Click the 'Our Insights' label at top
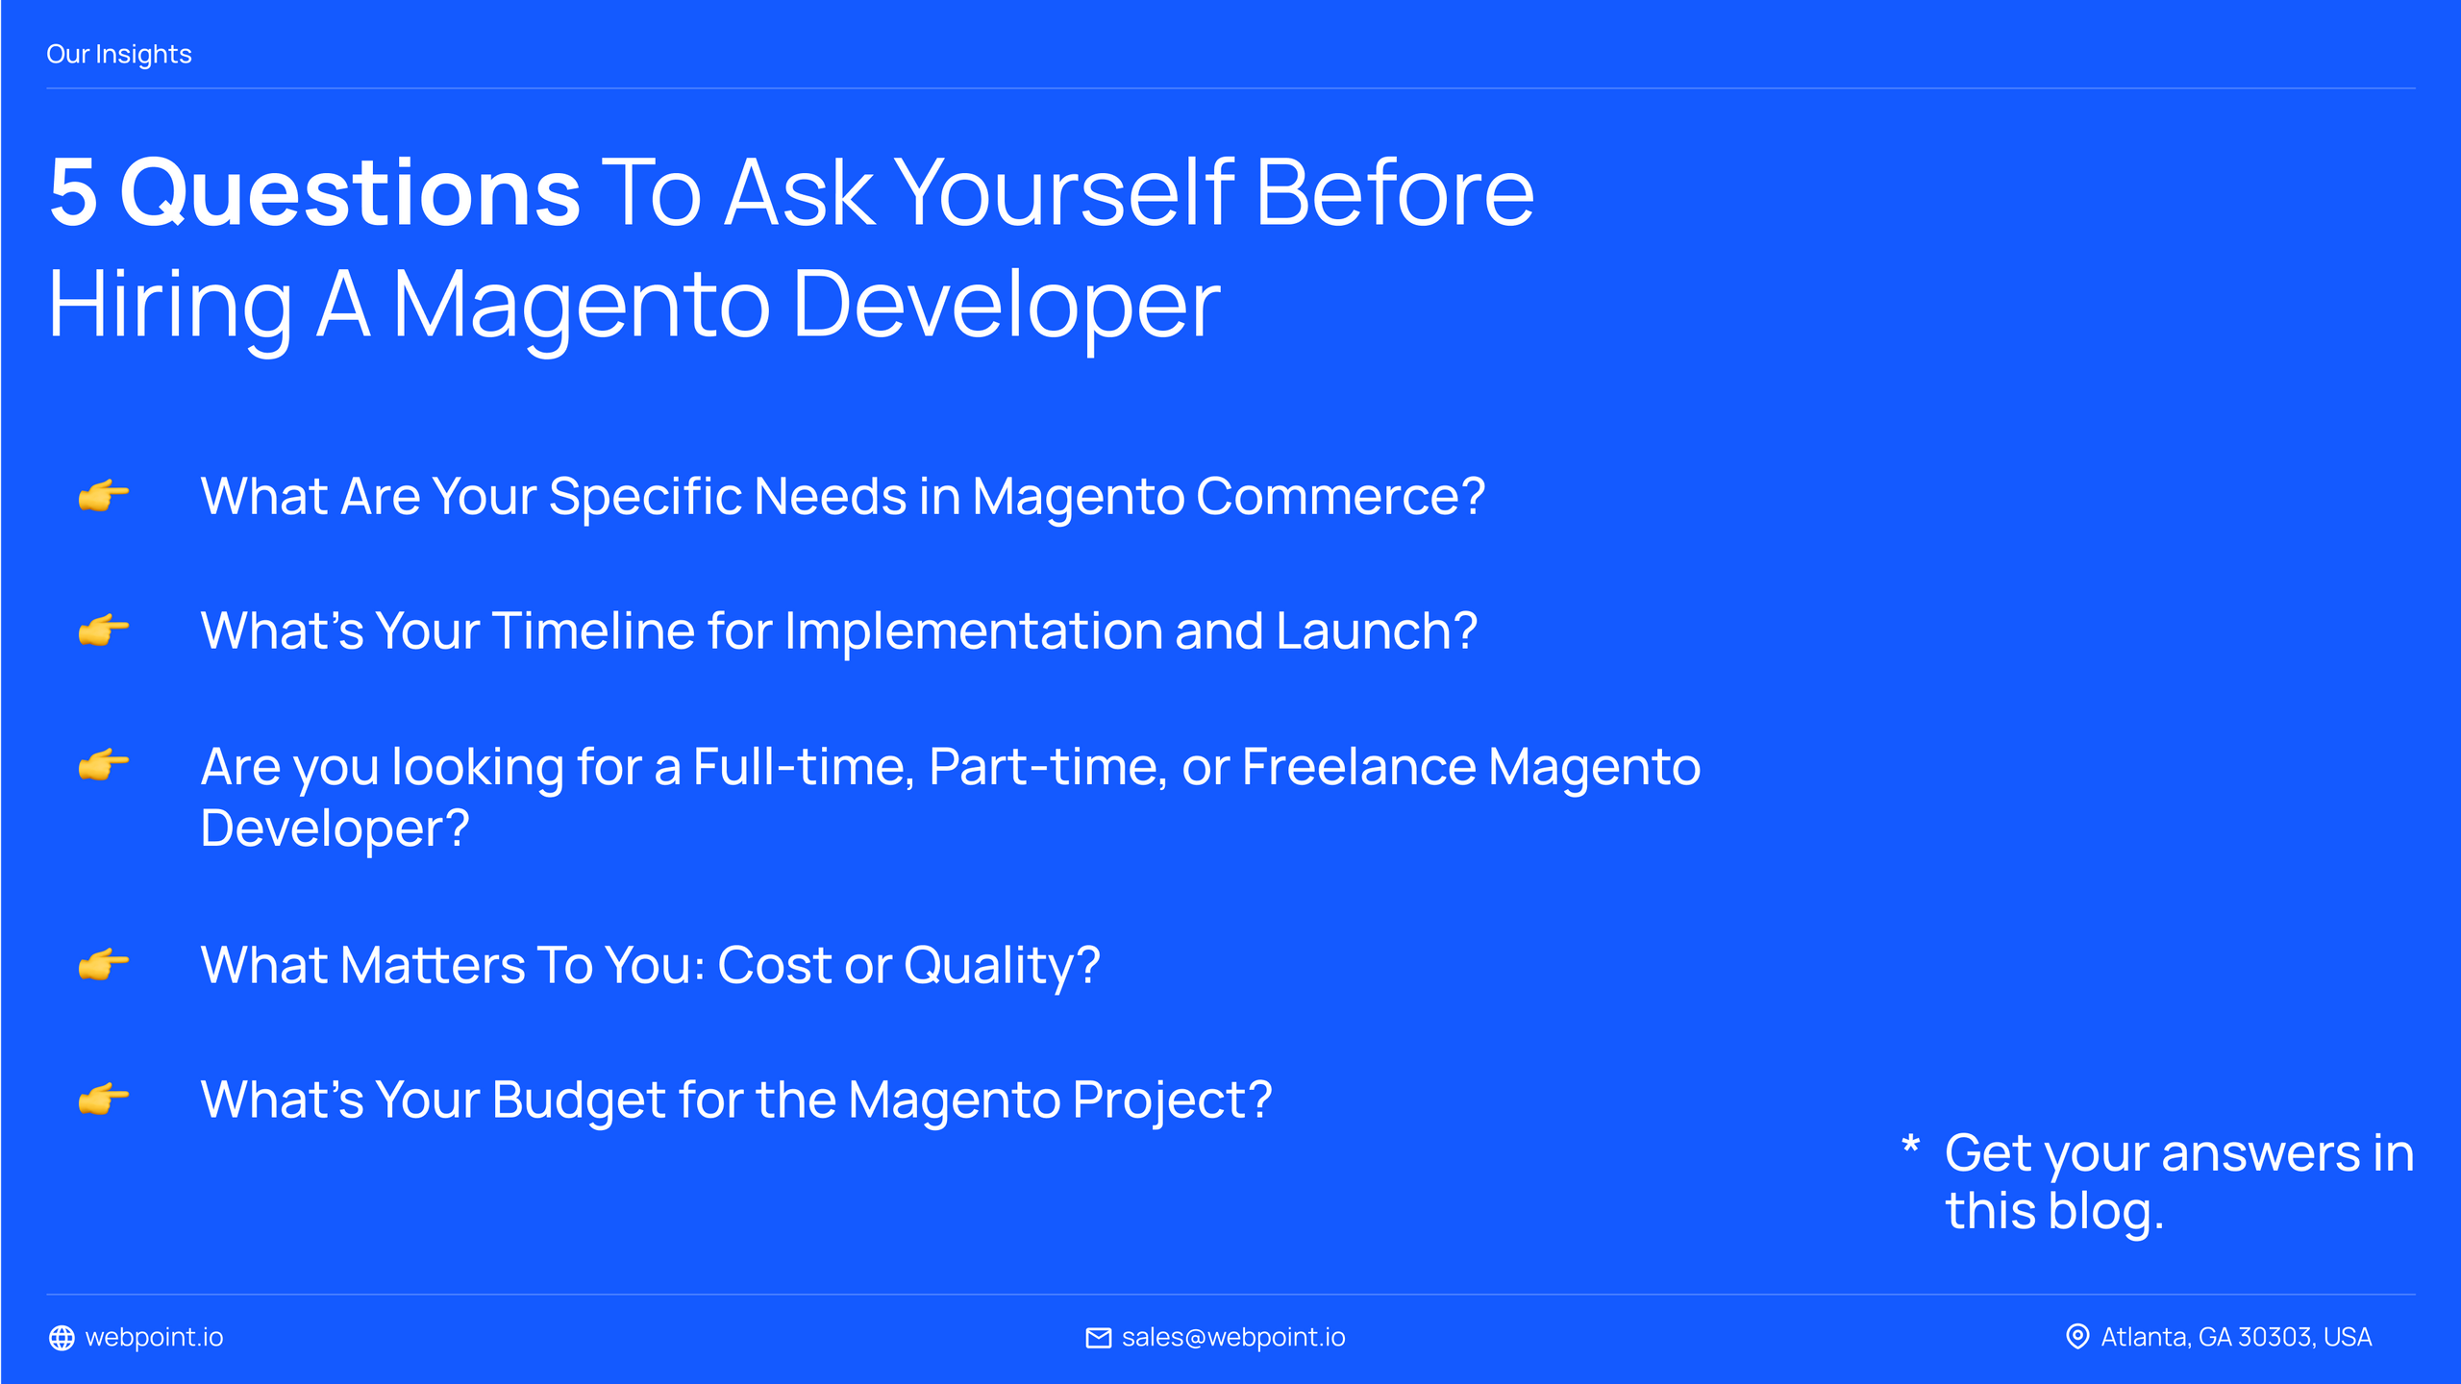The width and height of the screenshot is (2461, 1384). coord(119,55)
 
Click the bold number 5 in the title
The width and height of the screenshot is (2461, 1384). coord(74,192)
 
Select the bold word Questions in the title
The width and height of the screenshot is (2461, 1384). coord(350,192)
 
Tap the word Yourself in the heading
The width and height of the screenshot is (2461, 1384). coord(1064,192)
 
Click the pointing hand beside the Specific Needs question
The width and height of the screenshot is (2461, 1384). coord(103,496)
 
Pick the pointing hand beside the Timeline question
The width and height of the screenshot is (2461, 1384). coord(103,630)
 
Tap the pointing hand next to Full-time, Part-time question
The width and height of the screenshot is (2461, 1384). coord(103,765)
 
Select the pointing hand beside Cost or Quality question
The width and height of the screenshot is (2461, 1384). coord(103,963)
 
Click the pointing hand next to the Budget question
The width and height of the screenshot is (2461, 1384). coord(103,1098)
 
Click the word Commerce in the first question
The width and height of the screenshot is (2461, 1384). coord(1340,496)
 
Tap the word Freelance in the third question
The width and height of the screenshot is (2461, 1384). coord(1359,767)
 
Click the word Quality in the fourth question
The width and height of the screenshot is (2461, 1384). coord(1001,965)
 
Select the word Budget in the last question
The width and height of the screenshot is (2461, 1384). coord(578,1100)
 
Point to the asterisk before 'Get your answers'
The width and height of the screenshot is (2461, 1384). coord(1910,1145)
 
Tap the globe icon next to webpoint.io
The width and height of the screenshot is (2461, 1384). coord(62,1338)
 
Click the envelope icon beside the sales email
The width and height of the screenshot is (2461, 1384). coord(1098,1338)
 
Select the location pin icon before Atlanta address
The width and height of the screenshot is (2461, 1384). coord(2077,1337)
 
